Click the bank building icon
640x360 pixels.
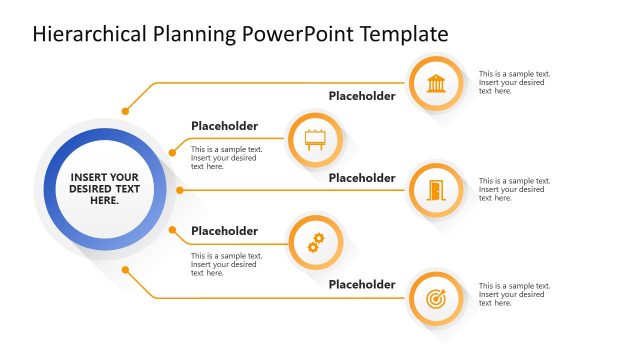[436, 83]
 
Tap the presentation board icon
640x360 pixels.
[315, 139]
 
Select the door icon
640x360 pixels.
[436, 189]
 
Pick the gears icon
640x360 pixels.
[315, 242]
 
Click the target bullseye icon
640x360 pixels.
[436, 298]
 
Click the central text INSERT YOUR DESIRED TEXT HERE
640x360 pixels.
[105, 189]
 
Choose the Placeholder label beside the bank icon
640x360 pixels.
[362, 97]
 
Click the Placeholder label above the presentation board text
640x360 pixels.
[224, 126]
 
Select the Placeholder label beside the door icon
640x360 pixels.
[362, 178]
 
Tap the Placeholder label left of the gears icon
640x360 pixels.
[224, 231]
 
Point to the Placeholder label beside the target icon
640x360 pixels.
[362, 284]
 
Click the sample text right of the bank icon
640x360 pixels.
[514, 82]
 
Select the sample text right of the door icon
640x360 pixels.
[514, 189]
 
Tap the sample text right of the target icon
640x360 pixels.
[514, 295]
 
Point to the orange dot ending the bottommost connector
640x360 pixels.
[125, 269]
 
